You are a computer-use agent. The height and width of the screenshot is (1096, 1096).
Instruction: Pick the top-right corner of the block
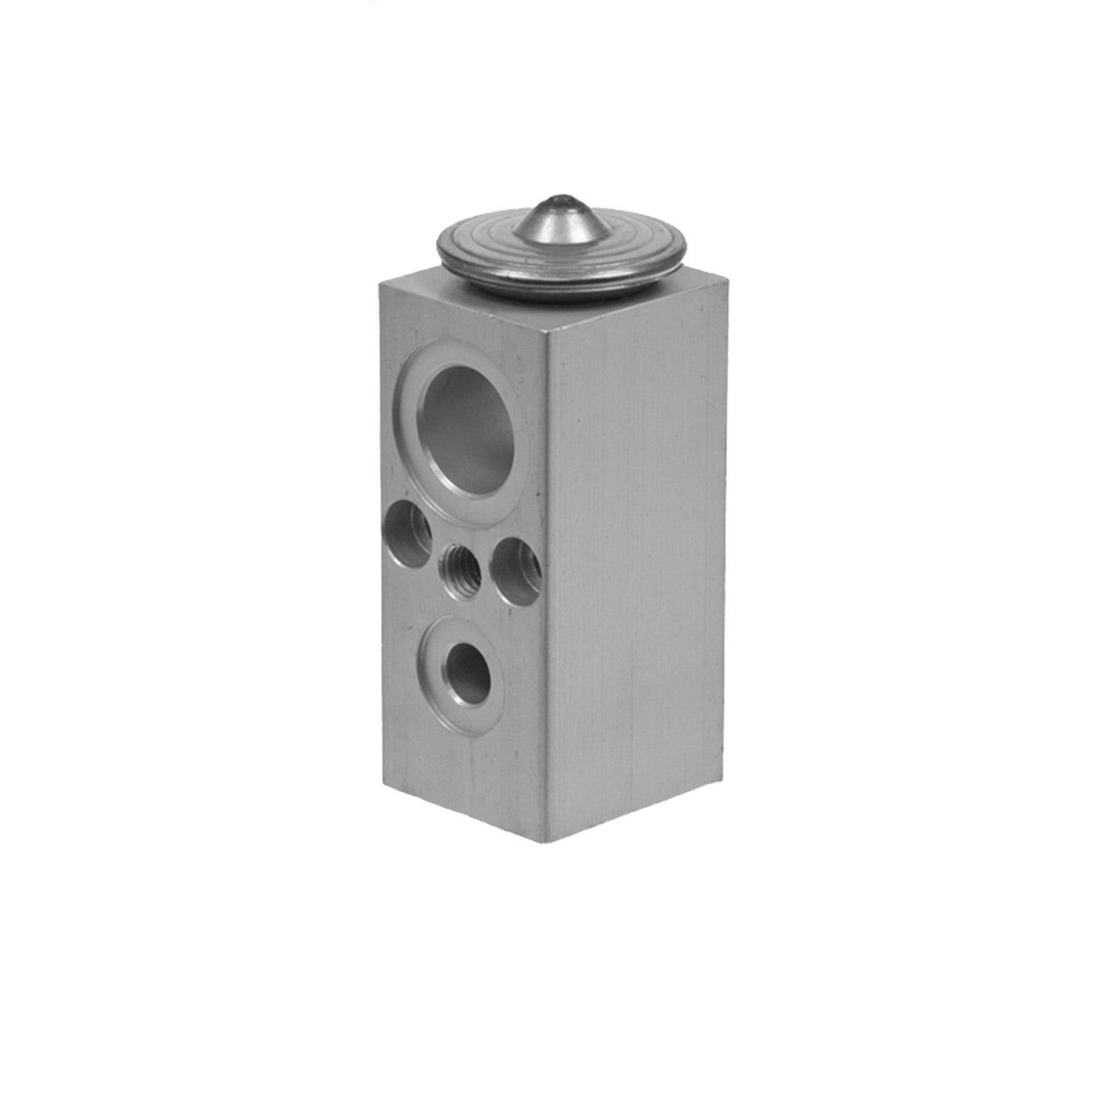[x=731, y=275]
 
